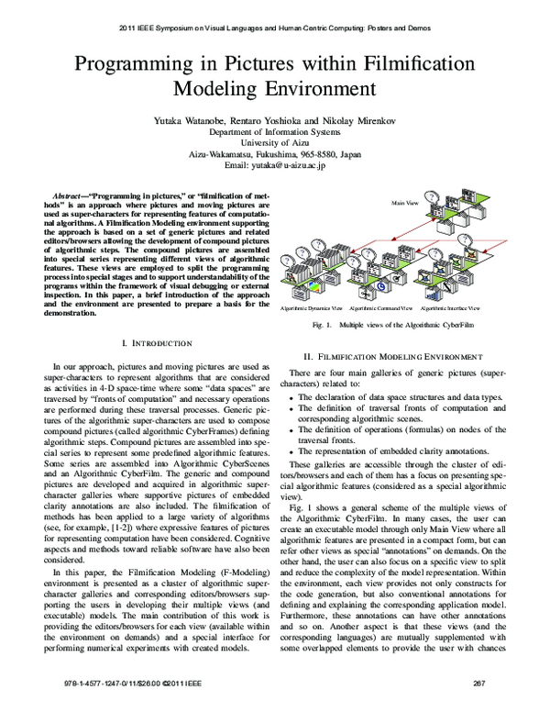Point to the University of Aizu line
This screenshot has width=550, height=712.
[x=274, y=142]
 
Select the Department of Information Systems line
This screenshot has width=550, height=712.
[x=274, y=131]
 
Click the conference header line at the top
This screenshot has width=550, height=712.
[x=274, y=28]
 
